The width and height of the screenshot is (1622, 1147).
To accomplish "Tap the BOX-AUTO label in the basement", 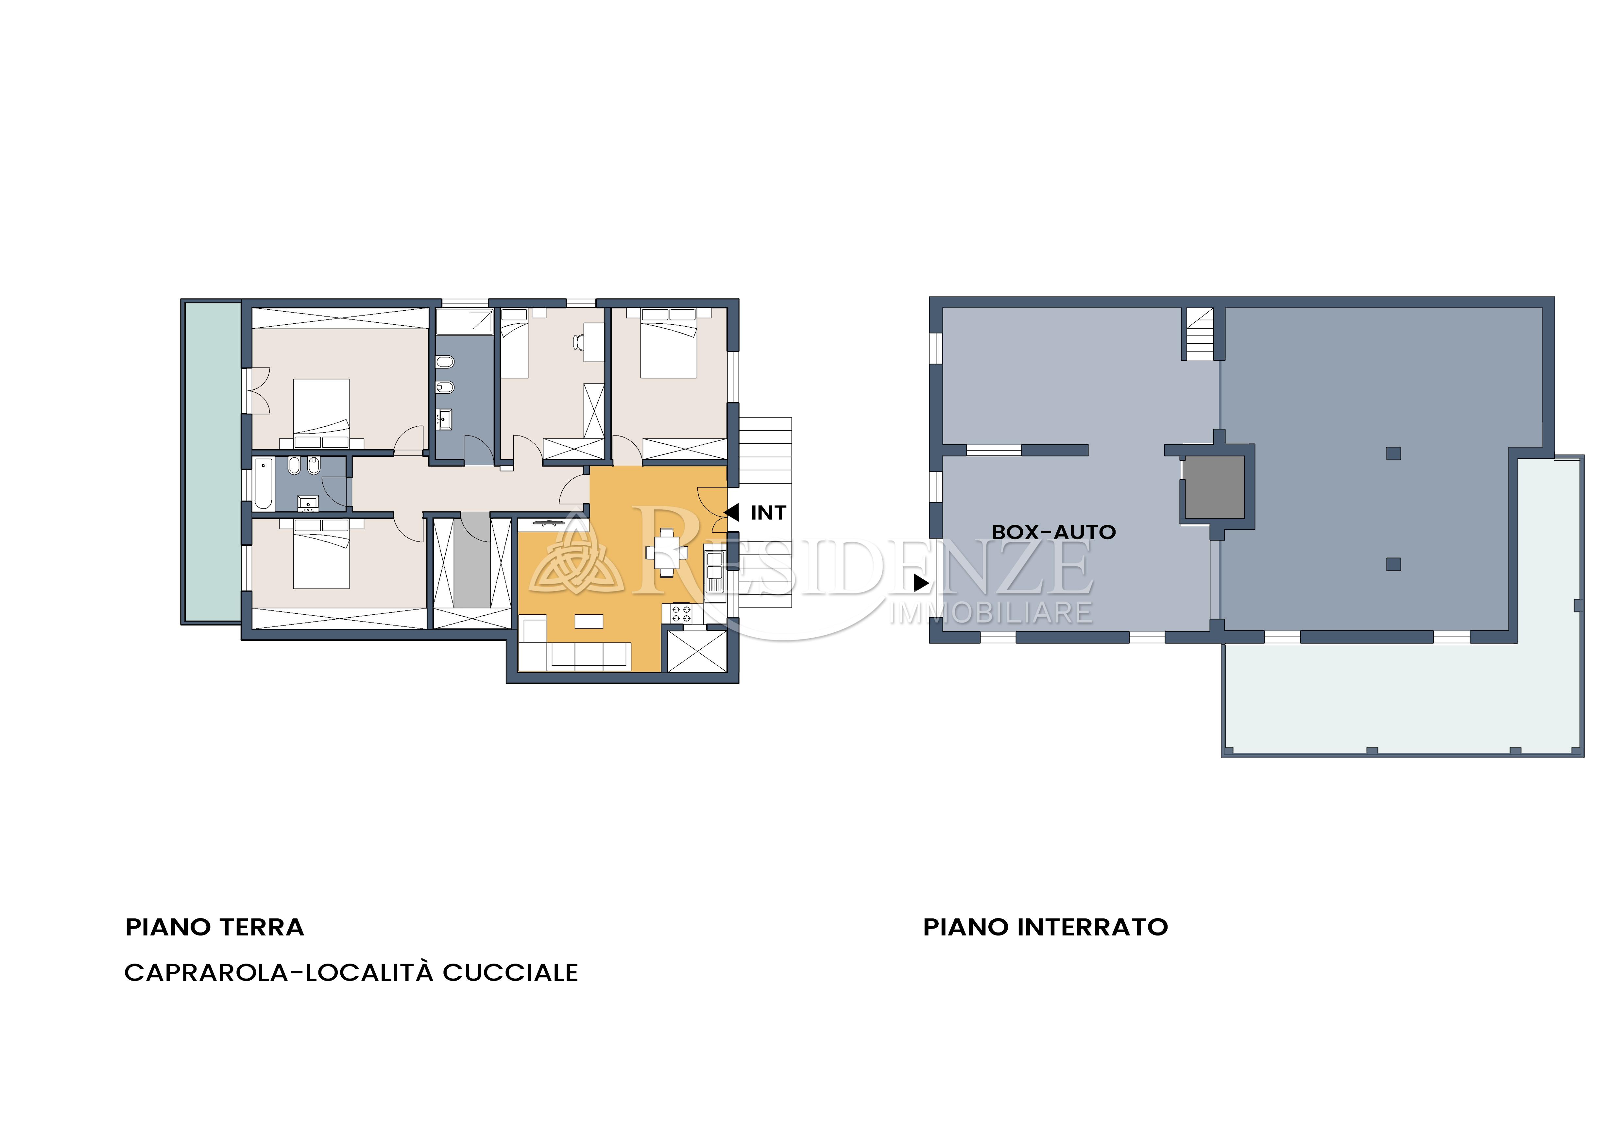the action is click(x=1053, y=533).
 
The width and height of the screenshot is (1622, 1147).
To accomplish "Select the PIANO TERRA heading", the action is click(x=215, y=927).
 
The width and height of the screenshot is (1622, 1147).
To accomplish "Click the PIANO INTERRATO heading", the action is click(x=1046, y=927).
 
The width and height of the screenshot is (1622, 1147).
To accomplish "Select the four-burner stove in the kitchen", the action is click(x=681, y=613).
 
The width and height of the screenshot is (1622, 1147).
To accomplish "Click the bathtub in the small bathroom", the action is click(x=264, y=484).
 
